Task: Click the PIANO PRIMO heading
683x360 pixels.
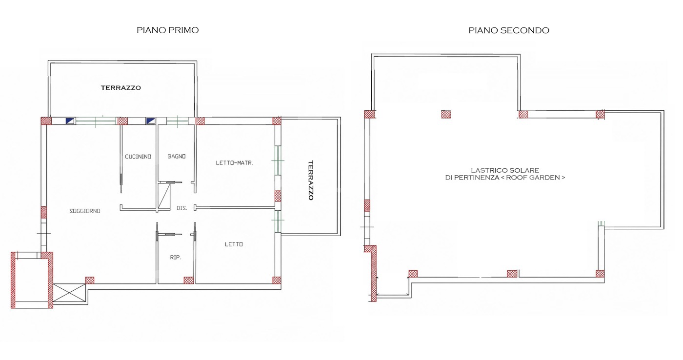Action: point(168,30)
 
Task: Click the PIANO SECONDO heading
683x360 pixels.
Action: point(509,30)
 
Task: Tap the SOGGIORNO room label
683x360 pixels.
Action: point(85,211)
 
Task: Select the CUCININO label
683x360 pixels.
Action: point(138,157)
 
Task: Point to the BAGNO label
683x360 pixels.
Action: point(177,157)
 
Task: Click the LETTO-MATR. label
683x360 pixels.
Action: point(235,163)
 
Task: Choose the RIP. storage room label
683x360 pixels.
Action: point(175,258)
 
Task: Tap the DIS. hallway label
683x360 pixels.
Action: point(181,208)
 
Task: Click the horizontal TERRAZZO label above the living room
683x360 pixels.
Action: point(121,88)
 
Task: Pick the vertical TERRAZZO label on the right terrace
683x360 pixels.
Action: point(311,180)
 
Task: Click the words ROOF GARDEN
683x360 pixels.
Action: point(536,178)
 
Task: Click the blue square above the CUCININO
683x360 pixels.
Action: point(151,121)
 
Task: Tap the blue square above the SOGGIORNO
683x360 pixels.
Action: point(70,121)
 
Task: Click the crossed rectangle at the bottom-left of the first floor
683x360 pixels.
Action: point(69,293)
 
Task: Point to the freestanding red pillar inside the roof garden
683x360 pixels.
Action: point(446,114)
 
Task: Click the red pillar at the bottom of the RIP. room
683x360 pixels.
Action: point(188,280)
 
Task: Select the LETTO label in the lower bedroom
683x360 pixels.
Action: point(234,244)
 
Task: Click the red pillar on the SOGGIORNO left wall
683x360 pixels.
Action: point(44,212)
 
